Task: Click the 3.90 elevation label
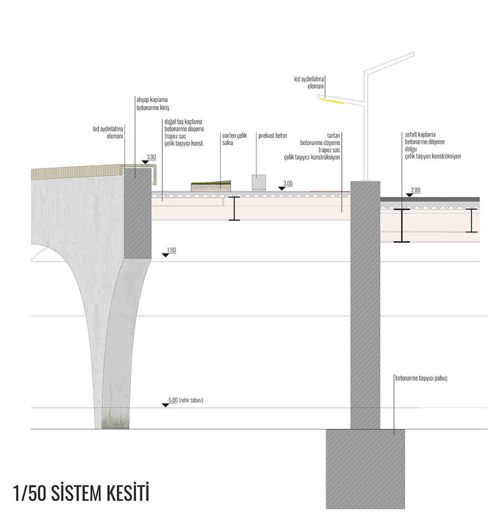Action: pos(152,157)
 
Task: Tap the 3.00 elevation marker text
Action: pos(288,183)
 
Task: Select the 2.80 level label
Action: pos(416,190)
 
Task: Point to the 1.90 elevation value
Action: pos(171,250)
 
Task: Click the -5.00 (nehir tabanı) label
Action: pos(185,400)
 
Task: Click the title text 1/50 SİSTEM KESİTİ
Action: pos(81,493)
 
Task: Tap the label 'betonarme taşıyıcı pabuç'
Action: pos(421,378)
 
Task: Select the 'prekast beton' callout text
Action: pos(273,135)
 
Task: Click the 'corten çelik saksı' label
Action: pos(234,139)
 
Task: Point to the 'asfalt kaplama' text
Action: pos(420,135)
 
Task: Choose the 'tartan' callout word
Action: pos(334,135)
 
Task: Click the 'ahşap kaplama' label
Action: pos(152,99)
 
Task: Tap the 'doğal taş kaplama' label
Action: pos(183,122)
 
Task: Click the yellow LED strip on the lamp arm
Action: pos(333,101)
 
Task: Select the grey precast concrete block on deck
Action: pos(259,182)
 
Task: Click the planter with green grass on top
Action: pos(211,185)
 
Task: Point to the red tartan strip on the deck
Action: pos(330,191)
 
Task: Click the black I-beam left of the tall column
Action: pos(234,208)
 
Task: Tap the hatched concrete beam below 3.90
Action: pos(138,213)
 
